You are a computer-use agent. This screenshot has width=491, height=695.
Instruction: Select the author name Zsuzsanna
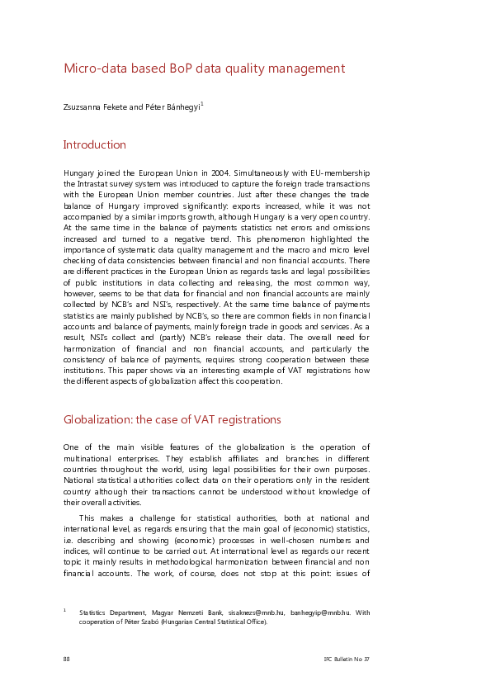pos(83,106)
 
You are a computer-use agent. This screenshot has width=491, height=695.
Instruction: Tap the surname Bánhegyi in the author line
pos(182,106)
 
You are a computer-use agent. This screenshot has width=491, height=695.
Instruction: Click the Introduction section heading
pos(95,145)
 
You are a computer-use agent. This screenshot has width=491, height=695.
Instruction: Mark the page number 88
pos(67,659)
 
